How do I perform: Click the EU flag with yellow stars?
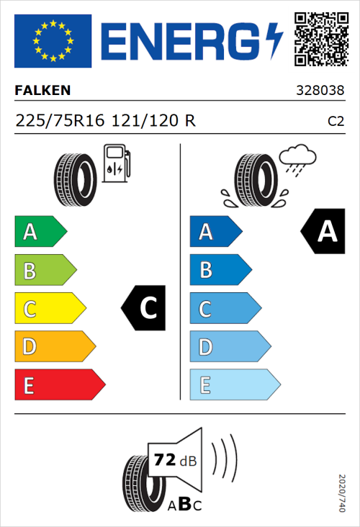tap(53, 41)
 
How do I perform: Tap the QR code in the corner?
tap(320, 37)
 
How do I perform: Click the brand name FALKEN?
tap(42, 91)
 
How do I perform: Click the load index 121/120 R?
tap(152, 121)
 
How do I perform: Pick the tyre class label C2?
tap(336, 122)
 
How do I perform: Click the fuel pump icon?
tap(115, 163)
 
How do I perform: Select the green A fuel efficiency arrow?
tap(40, 232)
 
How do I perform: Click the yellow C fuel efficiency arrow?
tap(49, 309)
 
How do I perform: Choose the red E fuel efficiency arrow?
tap(59, 385)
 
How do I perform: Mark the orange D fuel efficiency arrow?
tap(54, 347)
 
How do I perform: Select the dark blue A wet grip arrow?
tap(215, 232)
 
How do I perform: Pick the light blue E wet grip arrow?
tap(234, 385)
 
